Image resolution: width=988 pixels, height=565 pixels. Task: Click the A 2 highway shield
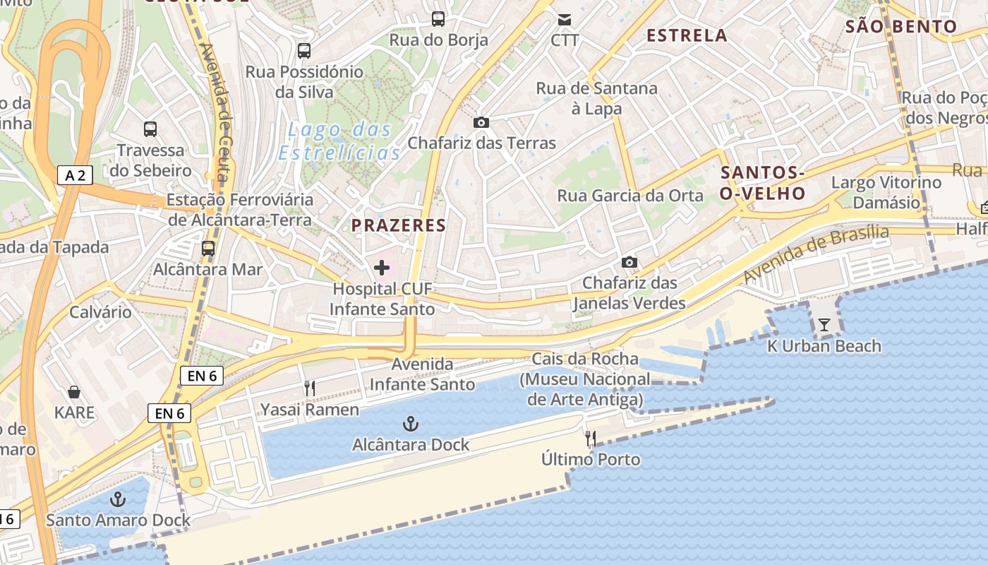pyautogui.click(x=75, y=175)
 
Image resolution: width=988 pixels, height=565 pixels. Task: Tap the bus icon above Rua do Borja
pyautogui.click(x=438, y=19)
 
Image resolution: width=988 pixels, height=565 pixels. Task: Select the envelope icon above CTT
pyautogui.click(x=565, y=19)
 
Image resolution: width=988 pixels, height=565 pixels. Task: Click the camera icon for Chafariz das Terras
pyautogui.click(x=481, y=122)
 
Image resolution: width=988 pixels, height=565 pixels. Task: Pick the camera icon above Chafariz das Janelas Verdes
pyautogui.click(x=629, y=263)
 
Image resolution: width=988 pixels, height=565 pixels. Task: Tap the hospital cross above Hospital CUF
pyautogui.click(x=382, y=268)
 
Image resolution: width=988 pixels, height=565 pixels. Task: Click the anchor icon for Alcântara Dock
pyautogui.click(x=410, y=424)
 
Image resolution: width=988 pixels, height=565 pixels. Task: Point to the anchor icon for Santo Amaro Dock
pyautogui.click(x=118, y=499)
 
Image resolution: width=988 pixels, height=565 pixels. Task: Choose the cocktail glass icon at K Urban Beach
pyautogui.click(x=824, y=325)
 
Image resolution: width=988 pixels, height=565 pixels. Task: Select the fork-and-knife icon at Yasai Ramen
pyautogui.click(x=310, y=388)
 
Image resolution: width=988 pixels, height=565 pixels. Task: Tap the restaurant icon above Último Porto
pyautogui.click(x=591, y=439)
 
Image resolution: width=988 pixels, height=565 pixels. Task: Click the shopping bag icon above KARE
pyautogui.click(x=74, y=391)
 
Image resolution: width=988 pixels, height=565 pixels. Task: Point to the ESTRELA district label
pyautogui.click(x=687, y=35)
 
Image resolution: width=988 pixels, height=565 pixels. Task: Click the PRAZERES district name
pyautogui.click(x=399, y=225)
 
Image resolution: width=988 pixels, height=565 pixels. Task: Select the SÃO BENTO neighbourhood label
pyautogui.click(x=901, y=27)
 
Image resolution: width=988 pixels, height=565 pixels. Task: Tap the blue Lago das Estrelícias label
pyautogui.click(x=339, y=141)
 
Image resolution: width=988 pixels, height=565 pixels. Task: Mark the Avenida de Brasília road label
pyautogui.click(x=817, y=254)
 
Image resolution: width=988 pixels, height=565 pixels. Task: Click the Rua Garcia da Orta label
pyautogui.click(x=630, y=196)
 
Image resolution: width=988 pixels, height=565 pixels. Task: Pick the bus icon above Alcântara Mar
pyautogui.click(x=207, y=249)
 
